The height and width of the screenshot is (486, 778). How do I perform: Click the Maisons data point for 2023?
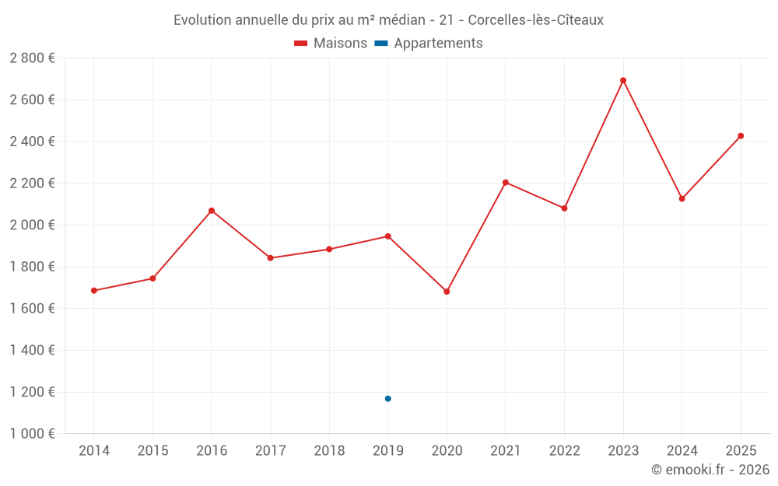(x=623, y=80)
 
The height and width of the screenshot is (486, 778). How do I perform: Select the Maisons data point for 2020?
(x=447, y=292)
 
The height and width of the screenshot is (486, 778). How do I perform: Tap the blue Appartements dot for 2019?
(x=387, y=399)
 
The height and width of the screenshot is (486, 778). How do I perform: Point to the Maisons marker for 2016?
(x=212, y=211)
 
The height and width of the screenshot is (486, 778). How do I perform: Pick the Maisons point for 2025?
(x=741, y=136)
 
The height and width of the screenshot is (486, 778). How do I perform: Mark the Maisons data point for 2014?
(x=94, y=291)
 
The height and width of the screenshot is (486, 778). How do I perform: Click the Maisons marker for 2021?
(x=506, y=183)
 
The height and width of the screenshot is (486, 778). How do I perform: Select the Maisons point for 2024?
(x=682, y=198)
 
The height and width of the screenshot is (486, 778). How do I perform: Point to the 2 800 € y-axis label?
(x=32, y=58)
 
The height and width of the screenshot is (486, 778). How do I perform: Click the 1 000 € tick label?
(x=32, y=434)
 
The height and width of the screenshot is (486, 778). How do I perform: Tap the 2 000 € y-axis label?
(x=32, y=225)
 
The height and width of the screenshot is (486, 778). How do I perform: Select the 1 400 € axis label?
(x=32, y=350)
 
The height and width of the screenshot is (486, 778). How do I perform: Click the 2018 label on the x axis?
(x=329, y=450)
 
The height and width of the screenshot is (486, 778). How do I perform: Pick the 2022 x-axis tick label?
(x=564, y=450)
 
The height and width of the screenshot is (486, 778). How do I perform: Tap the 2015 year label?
(x=152, y=450)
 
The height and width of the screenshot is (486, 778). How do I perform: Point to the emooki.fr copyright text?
(x=710, y=470)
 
